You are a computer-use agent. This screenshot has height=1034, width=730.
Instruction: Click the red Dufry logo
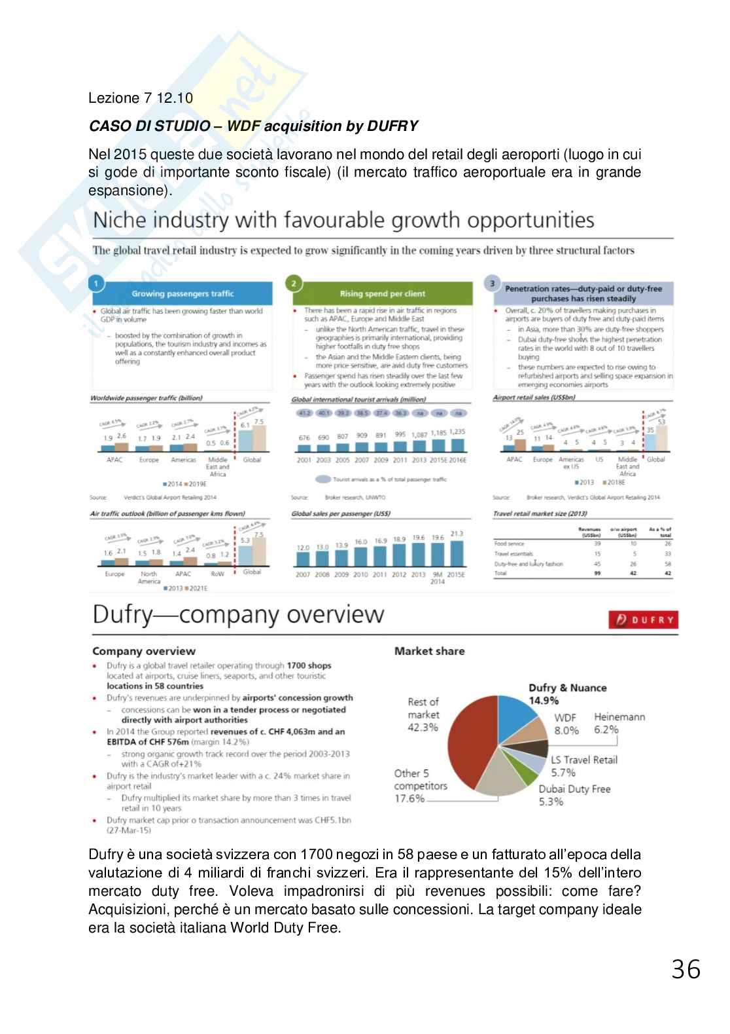click(x=642, y=619)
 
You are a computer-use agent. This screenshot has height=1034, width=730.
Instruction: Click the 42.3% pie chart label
click(x=423, y=727)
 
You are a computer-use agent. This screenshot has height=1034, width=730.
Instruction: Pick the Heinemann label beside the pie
click(x=619, y=717)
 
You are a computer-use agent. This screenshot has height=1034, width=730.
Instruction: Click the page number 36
click(x=686, y=969)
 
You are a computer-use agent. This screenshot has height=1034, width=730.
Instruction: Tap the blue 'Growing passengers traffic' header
click(x=182, y=293)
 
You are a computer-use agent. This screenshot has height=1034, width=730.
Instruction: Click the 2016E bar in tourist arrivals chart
click(x=457, y=445)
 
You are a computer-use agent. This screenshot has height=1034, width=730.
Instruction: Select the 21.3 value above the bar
click(x=457, y=534)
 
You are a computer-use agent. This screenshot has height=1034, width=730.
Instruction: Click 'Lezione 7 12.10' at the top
click(x=141, y=98)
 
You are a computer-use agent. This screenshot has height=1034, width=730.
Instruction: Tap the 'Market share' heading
click(x=429, y=651)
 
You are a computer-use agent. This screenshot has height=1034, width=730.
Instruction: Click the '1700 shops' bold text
click(x=309, y=665)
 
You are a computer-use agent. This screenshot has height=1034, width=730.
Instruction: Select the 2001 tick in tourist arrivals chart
click(x=304, y=460)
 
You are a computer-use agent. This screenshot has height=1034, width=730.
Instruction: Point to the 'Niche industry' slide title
click(x=343, y=220)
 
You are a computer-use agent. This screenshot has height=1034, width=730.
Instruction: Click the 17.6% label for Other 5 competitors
click(x=409, y=798)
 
